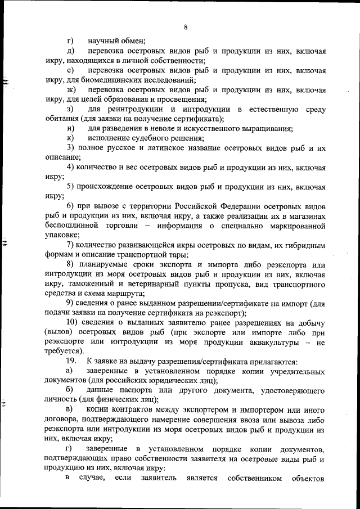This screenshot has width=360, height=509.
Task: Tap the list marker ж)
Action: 70,89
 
